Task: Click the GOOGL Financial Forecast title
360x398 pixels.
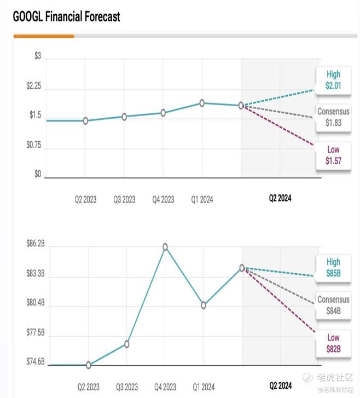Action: (x=66, y=16)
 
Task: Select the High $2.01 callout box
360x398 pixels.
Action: (x=333, y=80)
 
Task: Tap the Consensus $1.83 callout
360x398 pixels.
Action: (x=333, y=118)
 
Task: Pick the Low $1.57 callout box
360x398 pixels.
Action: (x=333, y=155)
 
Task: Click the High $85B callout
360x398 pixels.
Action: (x=333, y=268)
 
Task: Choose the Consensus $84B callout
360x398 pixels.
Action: (x=333, y=305)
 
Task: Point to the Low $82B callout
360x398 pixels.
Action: (x=333, y=343)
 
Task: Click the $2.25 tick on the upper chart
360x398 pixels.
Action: (x=34, y=86)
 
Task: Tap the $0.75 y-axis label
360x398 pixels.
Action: (x=34, y=145)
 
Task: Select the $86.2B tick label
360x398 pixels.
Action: (x=36, y=244)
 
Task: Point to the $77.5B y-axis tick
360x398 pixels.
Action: (x=36, y=332)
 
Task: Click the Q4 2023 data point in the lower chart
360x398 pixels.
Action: (x=165, y=247)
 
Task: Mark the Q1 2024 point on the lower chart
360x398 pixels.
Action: (x=204, y=305)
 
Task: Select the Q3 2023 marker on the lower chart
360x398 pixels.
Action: (x=126, y=344)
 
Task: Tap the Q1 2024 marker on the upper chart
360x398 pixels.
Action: (x=202, y=103)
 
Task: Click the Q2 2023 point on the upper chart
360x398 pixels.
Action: (x=85, y=121)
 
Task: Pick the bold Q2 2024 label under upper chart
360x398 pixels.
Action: (x=280, y=198)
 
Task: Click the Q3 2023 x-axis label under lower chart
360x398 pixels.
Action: (x=127, y=387)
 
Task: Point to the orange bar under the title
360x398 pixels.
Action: (x=44, y=36)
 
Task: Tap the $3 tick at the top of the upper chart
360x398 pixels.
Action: (x=38, y=56)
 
